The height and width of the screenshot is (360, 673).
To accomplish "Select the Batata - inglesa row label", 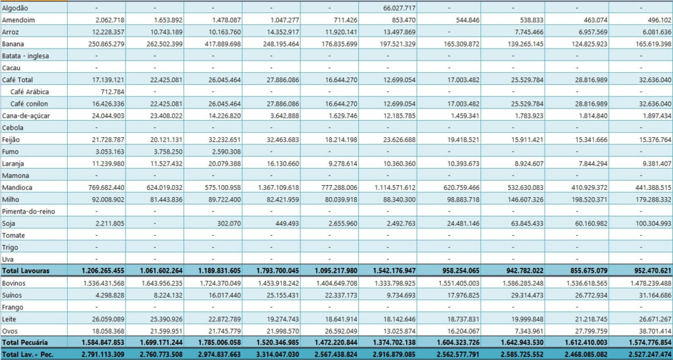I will pos(27,56).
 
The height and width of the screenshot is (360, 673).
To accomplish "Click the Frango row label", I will pos(13,307).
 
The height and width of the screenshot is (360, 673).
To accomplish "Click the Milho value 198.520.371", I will pos(589,199).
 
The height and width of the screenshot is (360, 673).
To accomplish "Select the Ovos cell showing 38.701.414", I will pos(647,330).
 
